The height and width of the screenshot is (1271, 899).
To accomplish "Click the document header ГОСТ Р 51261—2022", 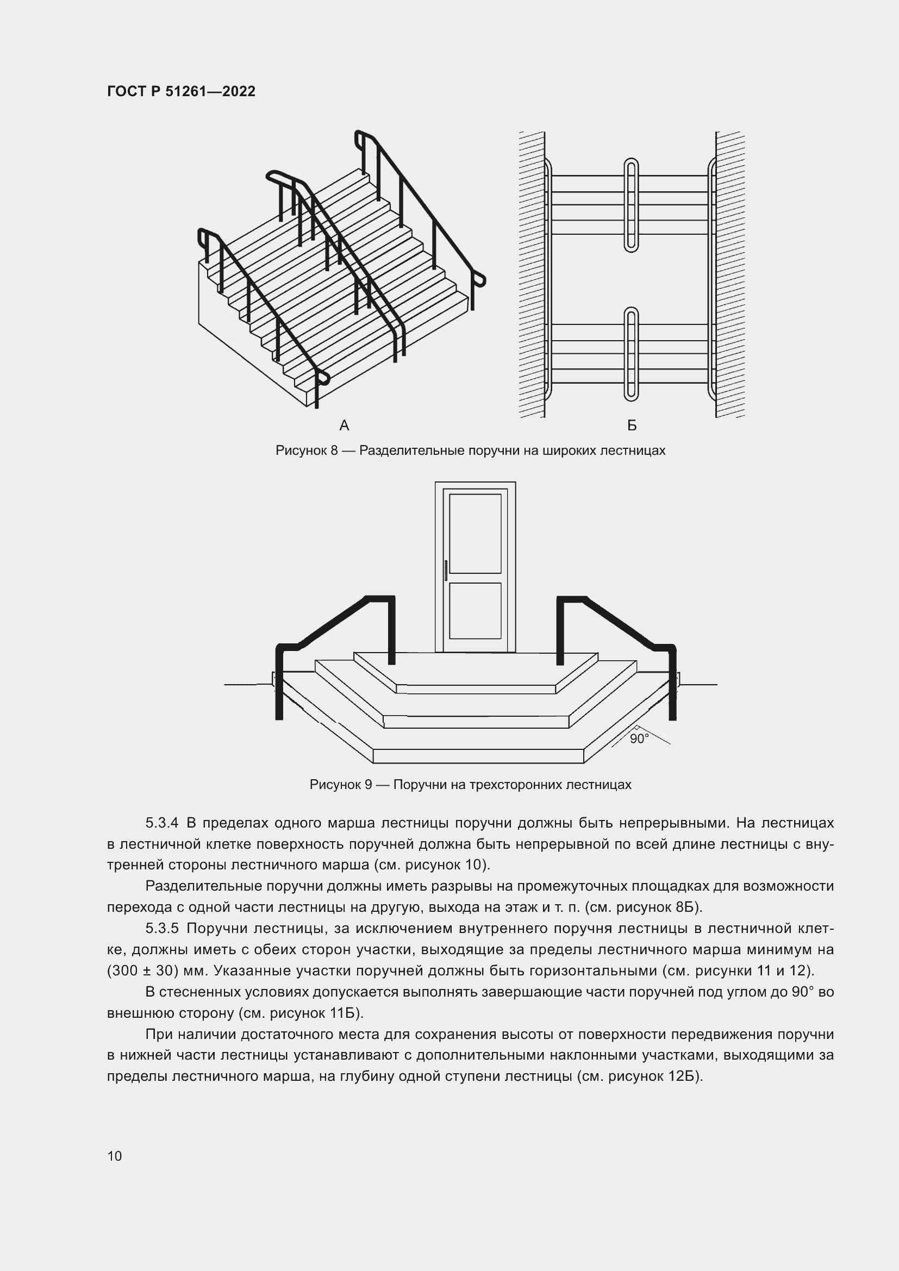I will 181,91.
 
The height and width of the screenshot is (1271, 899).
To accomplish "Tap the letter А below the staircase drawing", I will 344,425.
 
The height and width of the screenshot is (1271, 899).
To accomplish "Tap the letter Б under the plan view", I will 632,425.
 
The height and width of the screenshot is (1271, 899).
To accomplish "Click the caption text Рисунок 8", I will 306,450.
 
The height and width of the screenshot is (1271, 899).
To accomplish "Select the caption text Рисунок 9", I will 340,785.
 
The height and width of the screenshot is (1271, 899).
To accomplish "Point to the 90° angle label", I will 639,739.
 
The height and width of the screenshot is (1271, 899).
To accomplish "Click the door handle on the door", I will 446,570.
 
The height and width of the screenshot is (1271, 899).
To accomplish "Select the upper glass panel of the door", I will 475,534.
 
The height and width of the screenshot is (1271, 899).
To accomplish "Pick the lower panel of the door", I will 475,611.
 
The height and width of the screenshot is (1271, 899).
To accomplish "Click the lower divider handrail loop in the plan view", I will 631,354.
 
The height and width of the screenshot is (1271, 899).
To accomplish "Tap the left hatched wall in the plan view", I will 532,274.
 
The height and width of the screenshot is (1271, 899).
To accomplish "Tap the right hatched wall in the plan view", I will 729,274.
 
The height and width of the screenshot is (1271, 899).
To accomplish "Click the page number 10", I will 115,1156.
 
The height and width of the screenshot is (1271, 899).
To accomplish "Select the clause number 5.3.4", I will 161,823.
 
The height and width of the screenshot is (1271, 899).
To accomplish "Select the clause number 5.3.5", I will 161,928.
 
